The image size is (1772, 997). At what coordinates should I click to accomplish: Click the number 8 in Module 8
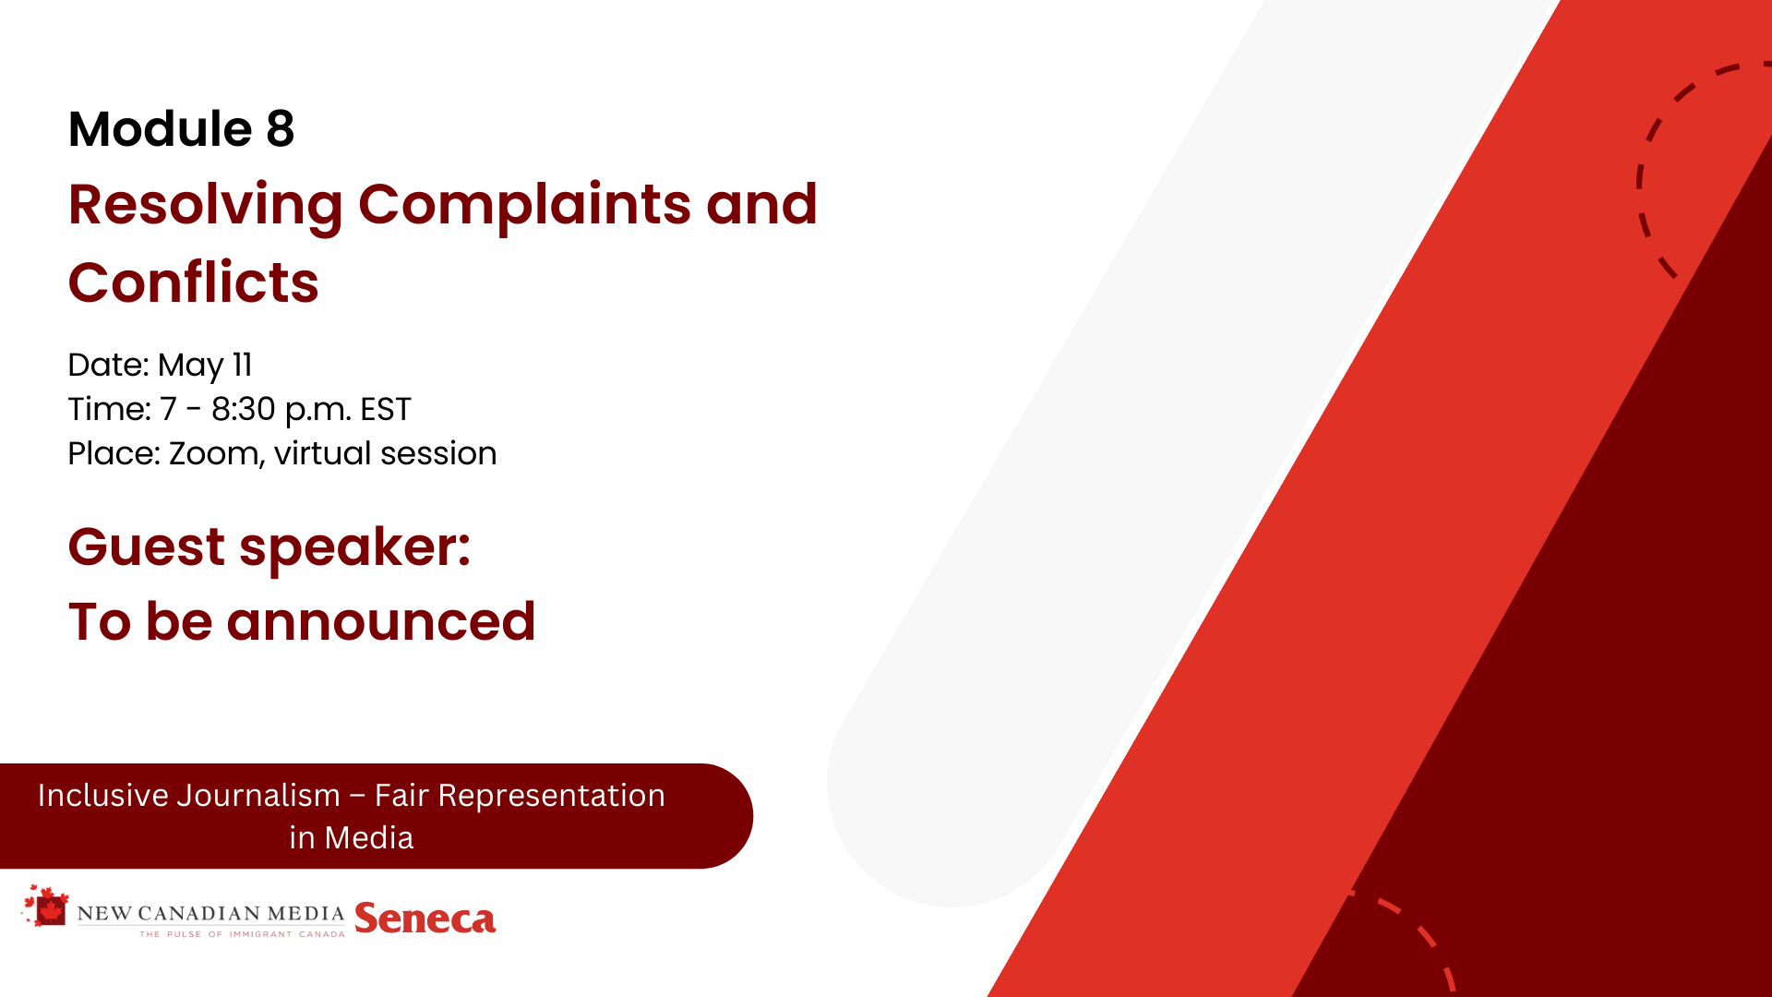[281, 128]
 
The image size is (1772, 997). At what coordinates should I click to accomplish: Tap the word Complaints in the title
[524, 205]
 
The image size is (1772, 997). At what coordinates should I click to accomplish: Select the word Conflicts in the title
[194, 282]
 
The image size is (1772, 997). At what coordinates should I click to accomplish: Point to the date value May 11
[205, 366]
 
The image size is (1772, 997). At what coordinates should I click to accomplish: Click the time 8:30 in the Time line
[244, 409]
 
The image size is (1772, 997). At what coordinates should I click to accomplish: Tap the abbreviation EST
[385, 409]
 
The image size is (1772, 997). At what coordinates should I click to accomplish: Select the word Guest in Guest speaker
[147, 547]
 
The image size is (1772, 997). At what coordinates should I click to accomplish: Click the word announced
[381, 621]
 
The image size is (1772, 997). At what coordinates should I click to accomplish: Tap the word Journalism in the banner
[258, 796]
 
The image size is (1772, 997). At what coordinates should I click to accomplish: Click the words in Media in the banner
[352, 837]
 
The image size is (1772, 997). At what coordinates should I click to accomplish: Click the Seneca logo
[425, 919]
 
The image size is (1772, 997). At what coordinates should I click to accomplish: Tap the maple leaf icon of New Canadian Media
[46, 906]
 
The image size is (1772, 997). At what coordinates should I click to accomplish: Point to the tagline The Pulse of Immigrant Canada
[242, 934]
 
